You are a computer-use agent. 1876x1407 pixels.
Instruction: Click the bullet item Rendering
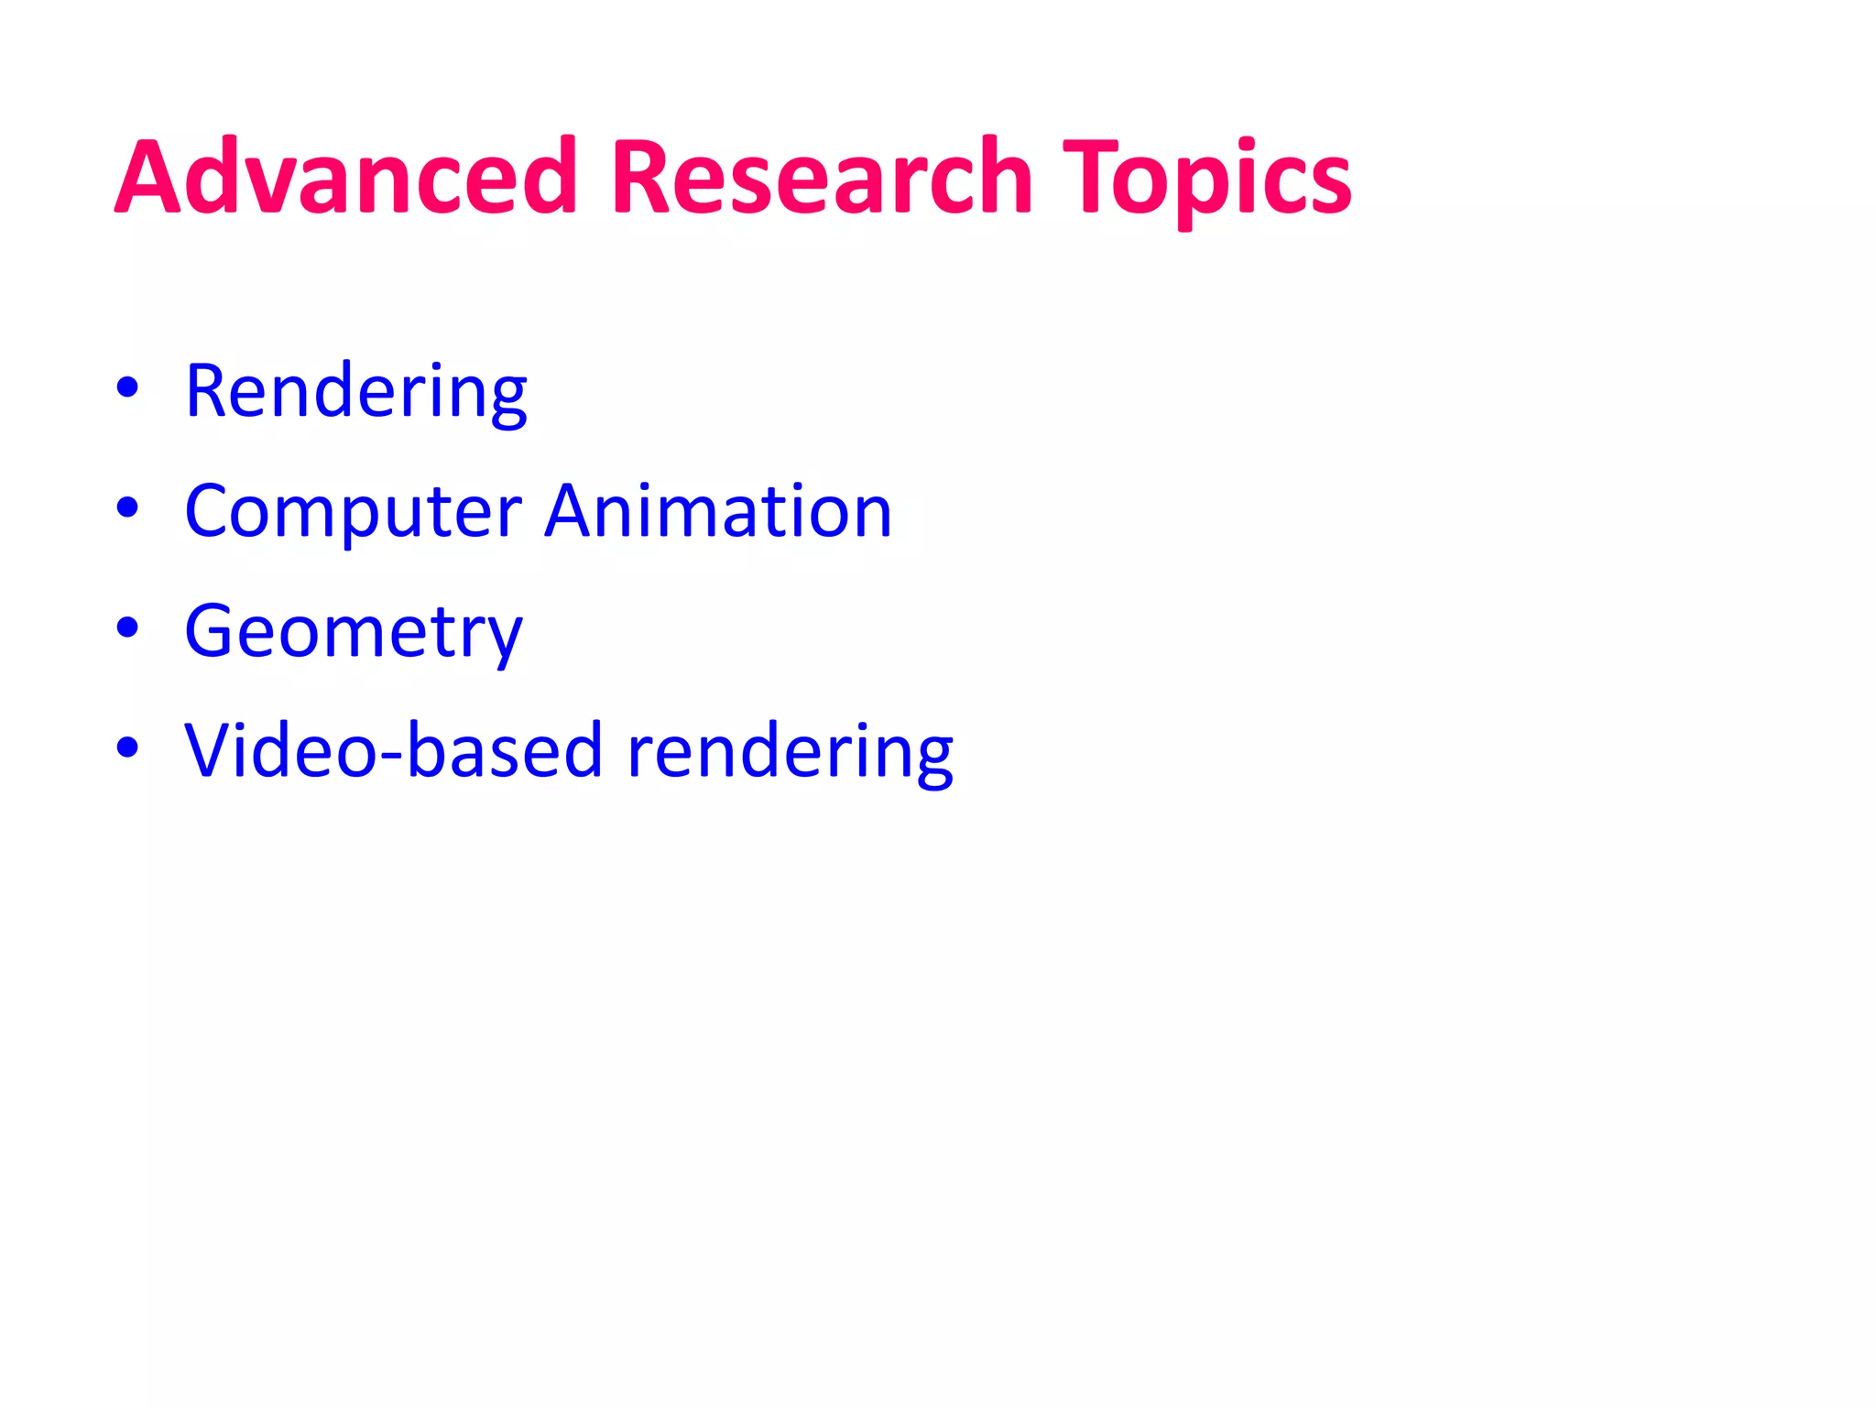(355, 392)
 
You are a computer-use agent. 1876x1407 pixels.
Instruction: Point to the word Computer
(353, 512)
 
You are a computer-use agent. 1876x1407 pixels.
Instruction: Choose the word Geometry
(353, 632)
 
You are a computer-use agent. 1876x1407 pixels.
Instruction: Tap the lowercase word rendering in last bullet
(789, 752)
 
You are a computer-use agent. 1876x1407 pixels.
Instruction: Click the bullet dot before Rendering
(127, 387)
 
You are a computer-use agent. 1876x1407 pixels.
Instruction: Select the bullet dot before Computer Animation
(127, 507)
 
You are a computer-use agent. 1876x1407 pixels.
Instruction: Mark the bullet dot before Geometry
(127, 627)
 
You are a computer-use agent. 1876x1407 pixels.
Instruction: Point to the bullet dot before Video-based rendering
(127, 747)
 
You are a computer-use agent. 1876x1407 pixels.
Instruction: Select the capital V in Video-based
(213, 750)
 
